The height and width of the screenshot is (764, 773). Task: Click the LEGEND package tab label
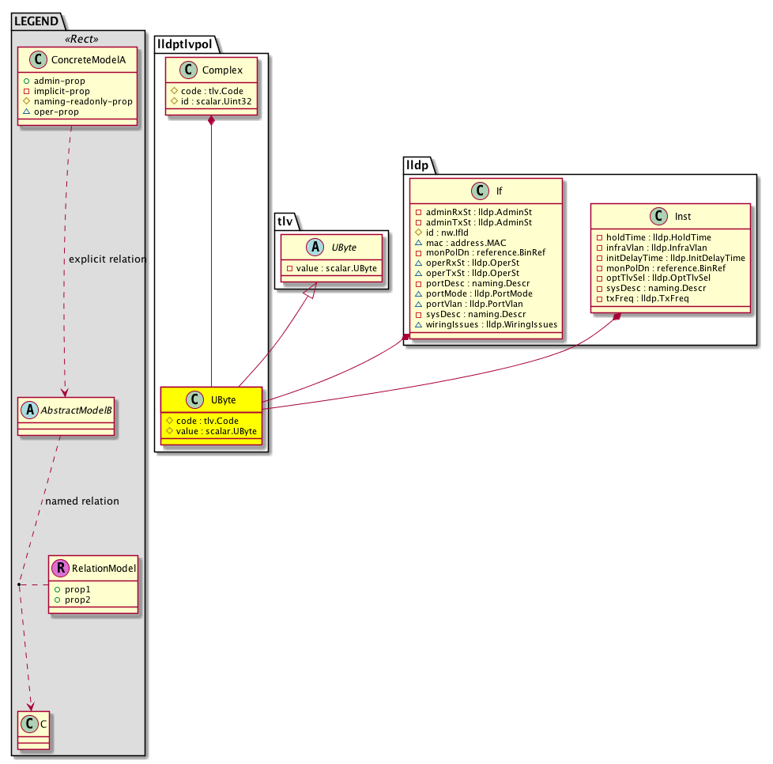(36, 21)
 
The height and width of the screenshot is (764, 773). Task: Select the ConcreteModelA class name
(89, 59)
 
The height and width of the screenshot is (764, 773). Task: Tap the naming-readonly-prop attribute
(83, 101)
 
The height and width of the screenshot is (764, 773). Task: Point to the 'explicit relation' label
(107, 259)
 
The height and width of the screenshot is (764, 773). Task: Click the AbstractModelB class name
(76, 410)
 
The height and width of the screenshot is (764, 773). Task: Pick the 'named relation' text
(82, 501)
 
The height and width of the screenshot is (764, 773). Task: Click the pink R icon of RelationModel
(61, 568)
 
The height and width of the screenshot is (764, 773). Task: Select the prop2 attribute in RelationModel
(77, 599)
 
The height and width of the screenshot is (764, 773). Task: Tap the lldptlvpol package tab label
(185, 44)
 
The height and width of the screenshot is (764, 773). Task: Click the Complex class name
(222, 70)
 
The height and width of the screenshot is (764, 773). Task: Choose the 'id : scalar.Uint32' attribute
(216, 101)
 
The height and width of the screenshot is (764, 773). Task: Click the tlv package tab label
(285, 221)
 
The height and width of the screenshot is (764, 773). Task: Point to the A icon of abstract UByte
(315, 247)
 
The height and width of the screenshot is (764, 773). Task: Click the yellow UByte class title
(224, 399)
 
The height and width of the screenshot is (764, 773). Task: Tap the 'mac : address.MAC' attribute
(466, 243)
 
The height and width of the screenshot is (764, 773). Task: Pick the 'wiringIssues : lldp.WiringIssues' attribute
(492, 324)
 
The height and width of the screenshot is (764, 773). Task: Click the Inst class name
(683, 216)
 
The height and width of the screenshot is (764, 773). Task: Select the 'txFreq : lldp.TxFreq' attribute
(647, 298)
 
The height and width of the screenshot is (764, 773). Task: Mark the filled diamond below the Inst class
(617, 317)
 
